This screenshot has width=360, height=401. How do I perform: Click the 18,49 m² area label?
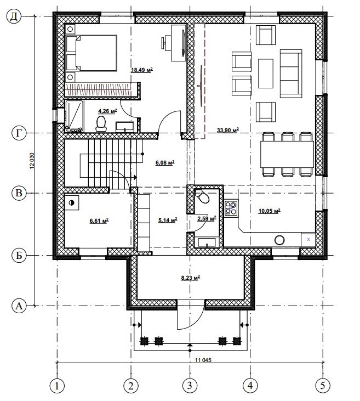142,70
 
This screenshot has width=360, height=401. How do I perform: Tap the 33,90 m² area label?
227,130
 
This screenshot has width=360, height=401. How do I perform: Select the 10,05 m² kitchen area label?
269,211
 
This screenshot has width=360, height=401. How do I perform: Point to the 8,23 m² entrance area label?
190,278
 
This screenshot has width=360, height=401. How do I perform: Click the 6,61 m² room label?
99,221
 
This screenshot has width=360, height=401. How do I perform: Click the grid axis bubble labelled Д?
14,16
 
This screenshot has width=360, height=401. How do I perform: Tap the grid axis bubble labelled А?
19,306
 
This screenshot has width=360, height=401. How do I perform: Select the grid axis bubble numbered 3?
190,385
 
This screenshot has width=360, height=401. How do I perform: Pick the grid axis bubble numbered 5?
323,385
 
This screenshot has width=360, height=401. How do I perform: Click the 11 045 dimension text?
203,360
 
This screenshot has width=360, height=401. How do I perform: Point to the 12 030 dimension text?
32,161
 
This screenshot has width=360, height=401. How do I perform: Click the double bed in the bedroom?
91,53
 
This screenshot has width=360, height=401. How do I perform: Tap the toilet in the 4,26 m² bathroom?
101,124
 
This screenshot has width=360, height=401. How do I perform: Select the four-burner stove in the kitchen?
231,208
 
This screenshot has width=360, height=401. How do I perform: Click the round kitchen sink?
279,240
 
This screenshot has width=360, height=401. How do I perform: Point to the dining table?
287,154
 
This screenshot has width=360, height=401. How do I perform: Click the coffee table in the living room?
266,74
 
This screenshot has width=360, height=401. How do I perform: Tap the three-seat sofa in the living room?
291,74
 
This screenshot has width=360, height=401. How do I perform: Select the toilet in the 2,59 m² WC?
202,196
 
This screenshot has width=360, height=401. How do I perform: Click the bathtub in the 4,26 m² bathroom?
75,116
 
